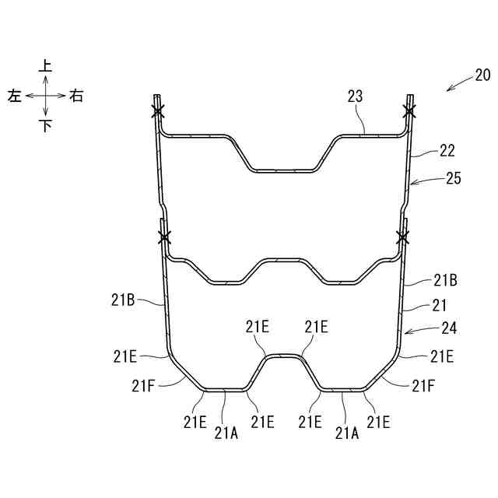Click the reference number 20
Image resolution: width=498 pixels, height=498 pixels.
coord(482,75)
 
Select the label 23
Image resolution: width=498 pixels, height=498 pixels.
coord(355,96)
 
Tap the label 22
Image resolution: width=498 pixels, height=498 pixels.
coord(447,150)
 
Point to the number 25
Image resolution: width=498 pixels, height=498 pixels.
coord(453,178)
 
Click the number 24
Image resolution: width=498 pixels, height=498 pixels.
coord(449,328)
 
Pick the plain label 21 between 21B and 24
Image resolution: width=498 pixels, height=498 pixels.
coord(439,306)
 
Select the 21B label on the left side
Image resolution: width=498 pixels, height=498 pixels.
coord(123,300)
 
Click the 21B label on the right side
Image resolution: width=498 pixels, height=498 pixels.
coord(445,280)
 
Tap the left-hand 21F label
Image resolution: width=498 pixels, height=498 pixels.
coord(143,386)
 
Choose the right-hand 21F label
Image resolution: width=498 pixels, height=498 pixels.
coord(423,386)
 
